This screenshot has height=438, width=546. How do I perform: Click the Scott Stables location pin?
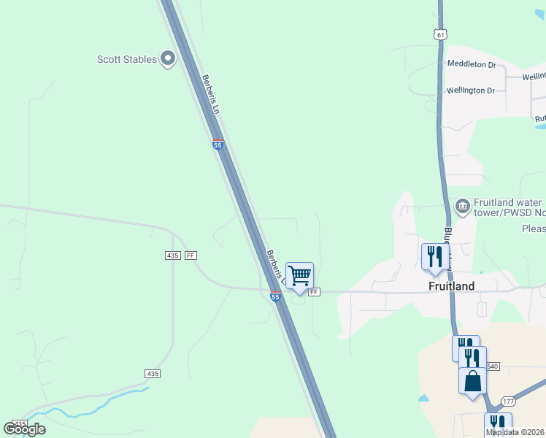(x=168, y=58)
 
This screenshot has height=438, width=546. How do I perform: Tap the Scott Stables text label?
(x=127, y=59)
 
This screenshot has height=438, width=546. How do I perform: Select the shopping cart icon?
(x=299, y=276)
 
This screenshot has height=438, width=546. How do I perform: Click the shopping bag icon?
(x=472, y=381)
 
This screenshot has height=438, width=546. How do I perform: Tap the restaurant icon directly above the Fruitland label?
(x=434, y=257)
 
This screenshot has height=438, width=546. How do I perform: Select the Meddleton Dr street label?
(x=471, y=64)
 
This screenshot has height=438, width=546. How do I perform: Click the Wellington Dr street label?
(x=471, y=91)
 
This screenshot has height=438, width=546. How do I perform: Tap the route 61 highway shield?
(x=439, y=34)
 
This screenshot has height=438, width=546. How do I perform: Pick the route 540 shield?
(x=492, y=366)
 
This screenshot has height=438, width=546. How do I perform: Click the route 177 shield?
(x=509, y=401)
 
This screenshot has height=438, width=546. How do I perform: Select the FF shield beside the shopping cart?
(x=314, y=292)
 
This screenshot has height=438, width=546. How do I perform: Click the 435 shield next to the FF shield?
(x=172, y=255)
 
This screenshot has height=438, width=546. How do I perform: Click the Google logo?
(x=24, y=429)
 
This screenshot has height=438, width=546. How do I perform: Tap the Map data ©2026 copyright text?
(x=515, y=432)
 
